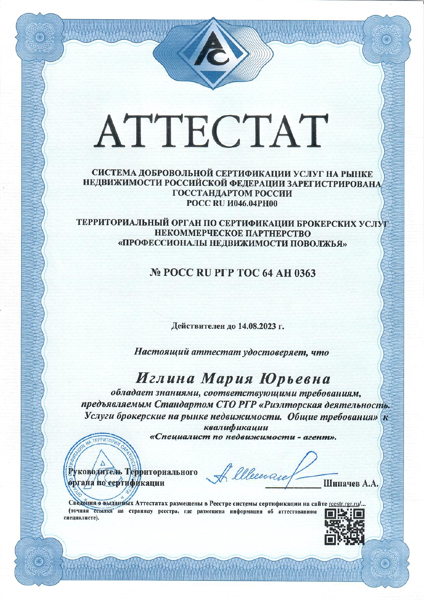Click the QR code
pyautogui.click(x=345, y=527)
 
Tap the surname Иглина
pyautogui.click(x=165, y=379)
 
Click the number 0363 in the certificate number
pyautogui.click(x=305, y=273)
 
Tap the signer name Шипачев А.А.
pyautogui.click(x=351, y=483)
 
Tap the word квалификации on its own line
pyautogui.click(x=236, y=427)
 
